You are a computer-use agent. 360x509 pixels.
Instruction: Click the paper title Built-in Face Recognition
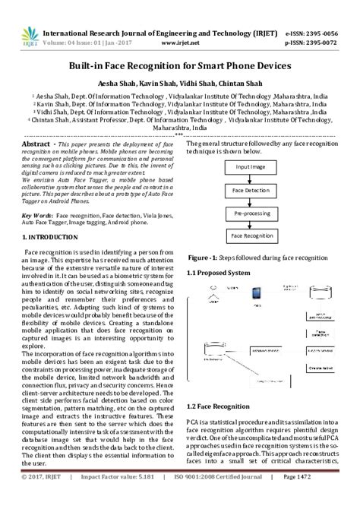[179, 66]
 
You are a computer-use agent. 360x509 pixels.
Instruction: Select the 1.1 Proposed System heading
[218, 272]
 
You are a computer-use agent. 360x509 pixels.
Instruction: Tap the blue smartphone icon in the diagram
[256, 292]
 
